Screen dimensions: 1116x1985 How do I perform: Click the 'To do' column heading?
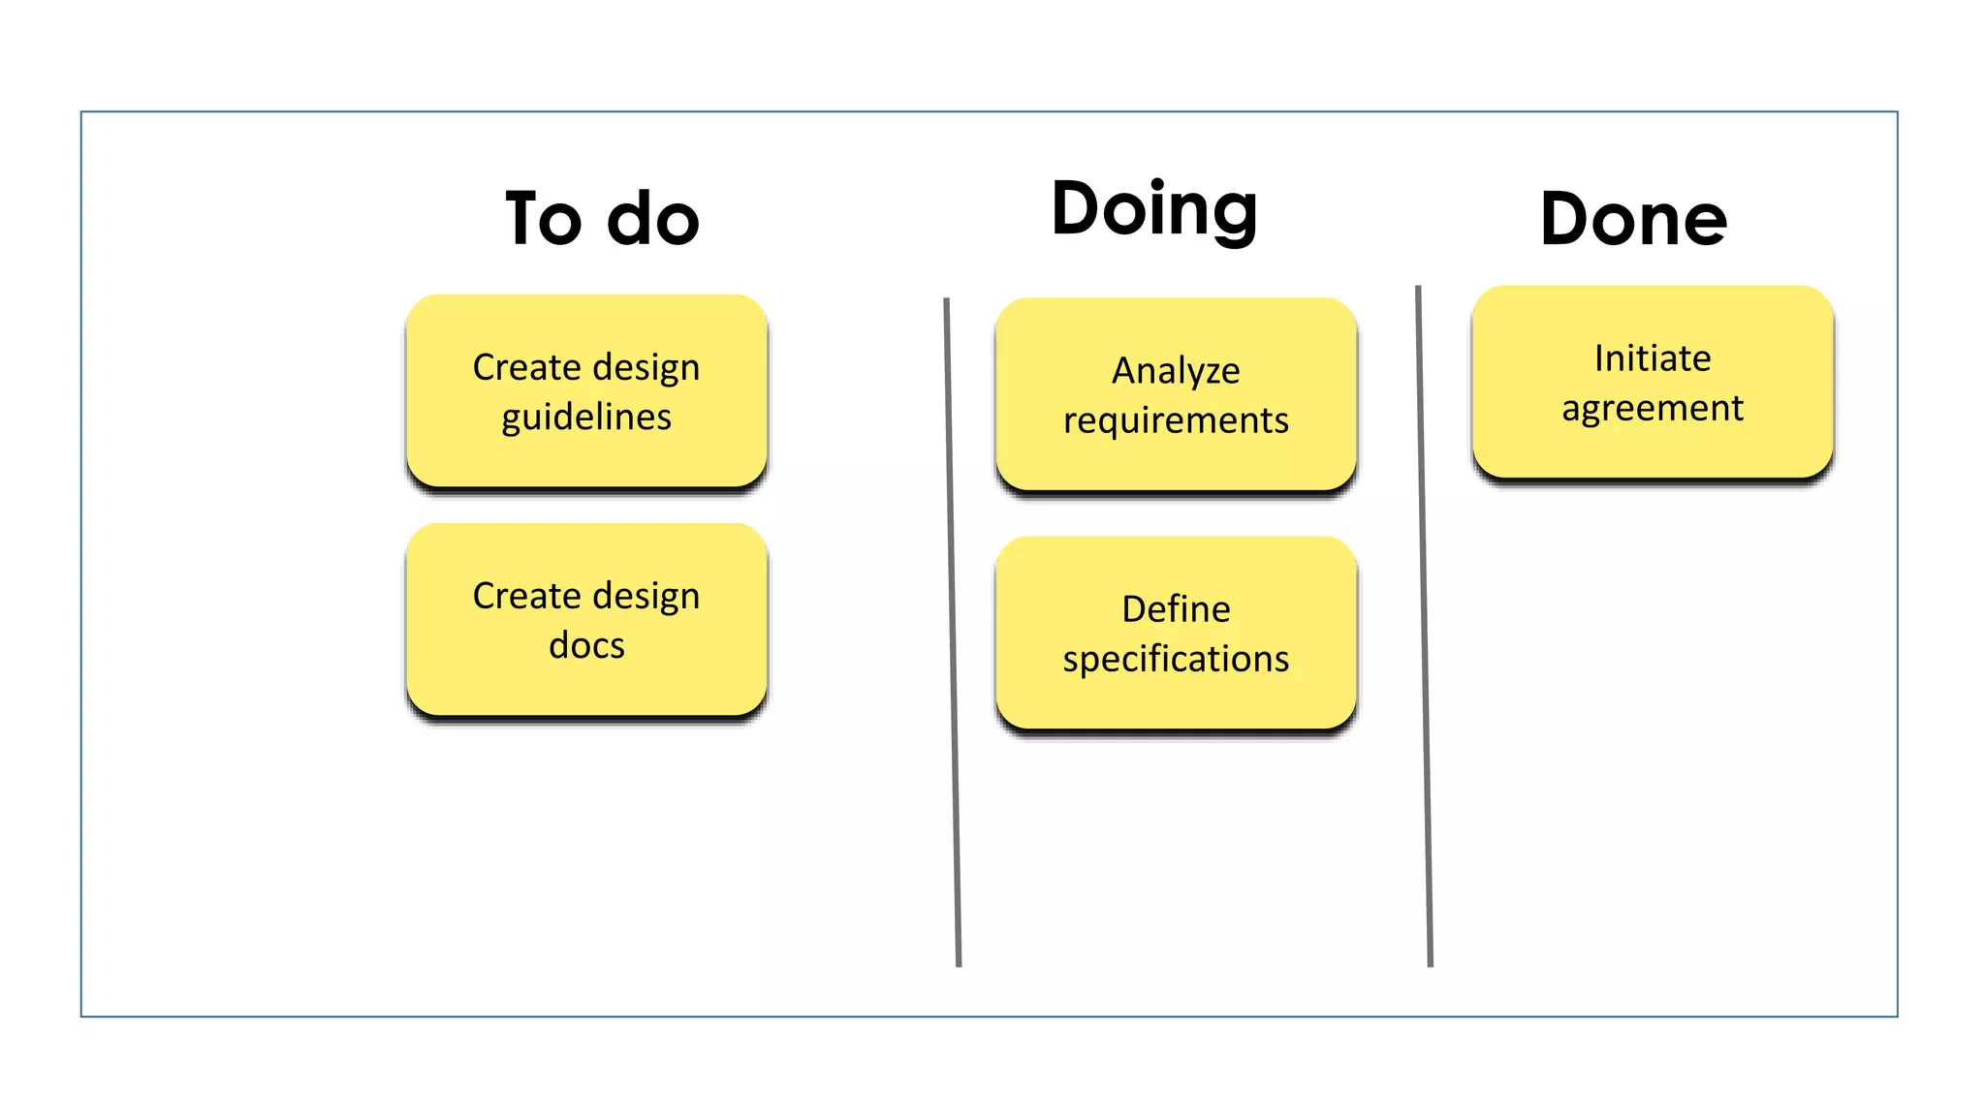(x=602, y=219)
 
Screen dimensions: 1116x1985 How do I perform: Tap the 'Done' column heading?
(x=1633, y=220)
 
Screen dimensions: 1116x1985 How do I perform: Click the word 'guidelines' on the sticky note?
(x=586, y=418)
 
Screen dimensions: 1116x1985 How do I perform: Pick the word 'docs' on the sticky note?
(x=586, y=645)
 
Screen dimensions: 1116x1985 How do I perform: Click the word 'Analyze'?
(x=1176, y=371)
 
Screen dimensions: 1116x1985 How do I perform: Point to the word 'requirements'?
(x=1176, y=420)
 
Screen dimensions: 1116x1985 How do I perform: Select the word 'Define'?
(x=1176, y=609)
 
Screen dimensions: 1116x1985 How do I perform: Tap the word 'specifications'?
(x=1176, y=659)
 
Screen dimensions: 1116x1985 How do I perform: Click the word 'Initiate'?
(x=1653, y=358)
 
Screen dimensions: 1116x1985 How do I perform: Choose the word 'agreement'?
(x=1653, y=408)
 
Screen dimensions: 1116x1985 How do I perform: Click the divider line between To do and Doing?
(x=953, y=630)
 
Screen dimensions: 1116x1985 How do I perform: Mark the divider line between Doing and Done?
(x=1424, y=630)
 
